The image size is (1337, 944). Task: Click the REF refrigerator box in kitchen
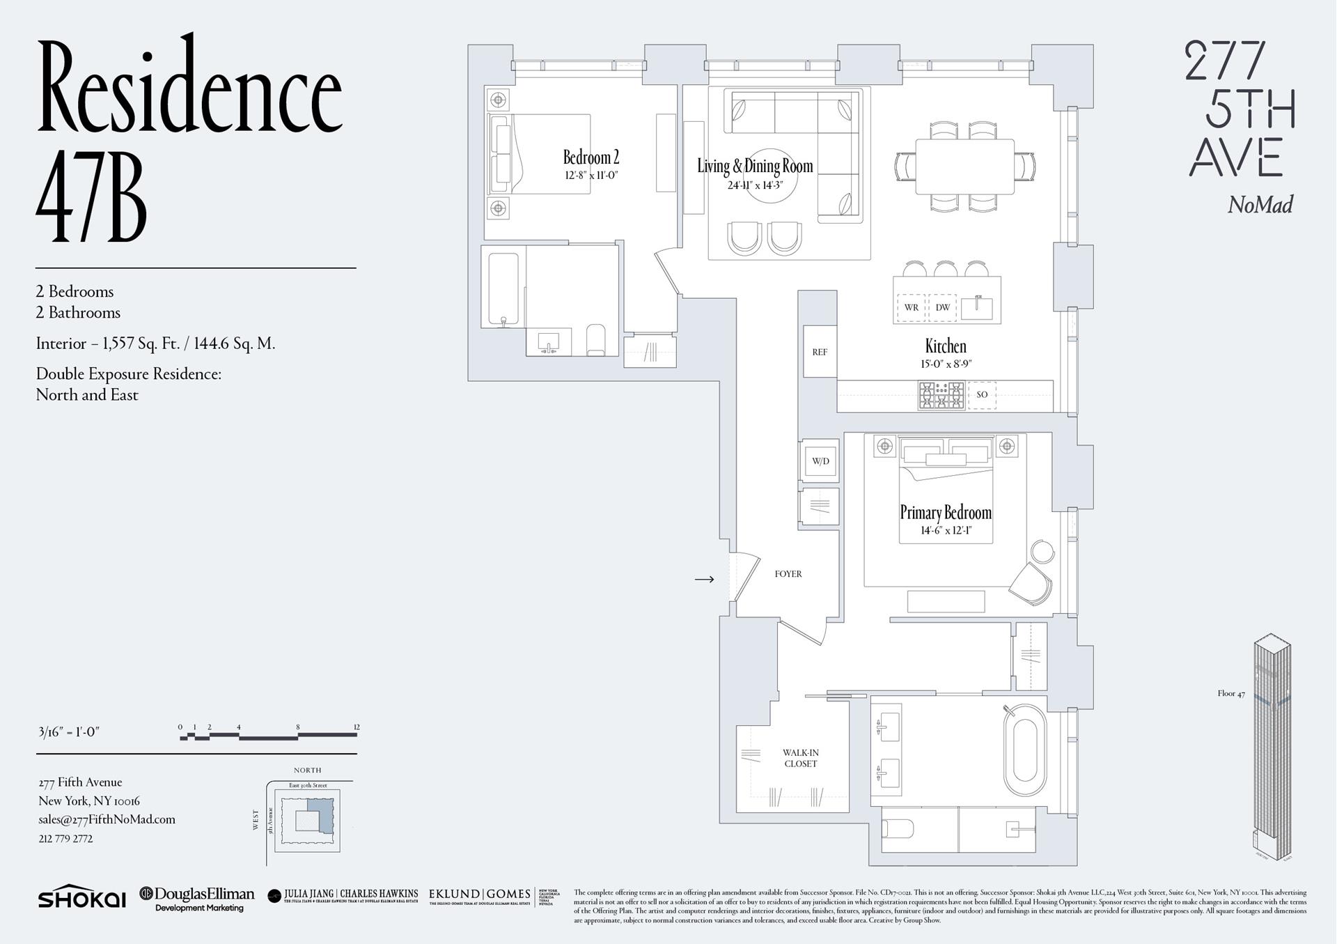coord(820,352)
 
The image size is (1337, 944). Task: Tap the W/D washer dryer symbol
coord(820,461)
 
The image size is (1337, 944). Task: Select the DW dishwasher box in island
coord(942,307)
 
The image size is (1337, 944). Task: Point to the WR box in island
coord(911,307)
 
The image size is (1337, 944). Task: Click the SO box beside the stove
coord(981,394)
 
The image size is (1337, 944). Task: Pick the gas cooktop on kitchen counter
coord(941,395)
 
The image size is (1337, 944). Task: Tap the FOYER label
coord(788,574)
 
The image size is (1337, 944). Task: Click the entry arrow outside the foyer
coord(704,579)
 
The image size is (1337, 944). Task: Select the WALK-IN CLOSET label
coord(800,758)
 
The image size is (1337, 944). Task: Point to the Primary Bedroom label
coord(945,513)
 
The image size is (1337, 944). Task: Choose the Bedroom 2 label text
coord(591,157)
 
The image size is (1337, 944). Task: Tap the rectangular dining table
coord(964,167)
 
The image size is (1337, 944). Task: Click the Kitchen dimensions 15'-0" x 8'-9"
coord(945,364)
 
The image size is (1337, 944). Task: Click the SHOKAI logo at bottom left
coord(81,898)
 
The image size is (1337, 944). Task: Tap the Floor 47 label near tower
coord(1230,693)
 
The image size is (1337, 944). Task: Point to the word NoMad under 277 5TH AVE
coord(1260,205)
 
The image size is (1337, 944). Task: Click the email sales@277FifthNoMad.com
coord(107,819)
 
